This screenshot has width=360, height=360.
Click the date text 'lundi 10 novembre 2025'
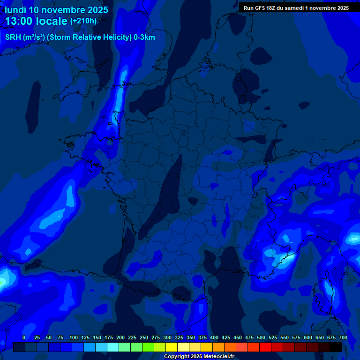(x=56, y=10)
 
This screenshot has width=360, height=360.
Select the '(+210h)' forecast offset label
(x=83, y=21)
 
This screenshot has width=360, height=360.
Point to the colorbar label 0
(x=23, y=338)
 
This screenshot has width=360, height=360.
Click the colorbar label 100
(x=74, y=338)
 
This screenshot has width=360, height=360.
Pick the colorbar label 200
(x=120, y=338)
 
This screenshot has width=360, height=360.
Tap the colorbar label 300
(x=167, y=338)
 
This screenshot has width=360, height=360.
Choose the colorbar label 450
(x=238, y=338)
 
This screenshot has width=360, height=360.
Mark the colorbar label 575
(x=296, y=338)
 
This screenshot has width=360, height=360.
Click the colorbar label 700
(x=343, y=338)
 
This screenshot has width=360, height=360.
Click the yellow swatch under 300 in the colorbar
(x=172, y=347)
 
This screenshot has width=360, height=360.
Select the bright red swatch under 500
(x=265, y=347)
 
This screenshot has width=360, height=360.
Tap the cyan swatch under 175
(x=113, y=347)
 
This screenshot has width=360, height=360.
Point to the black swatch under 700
(x=336, y=347)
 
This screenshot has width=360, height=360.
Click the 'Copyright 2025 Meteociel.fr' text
(x=199, y=357)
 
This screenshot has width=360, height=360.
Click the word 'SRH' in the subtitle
(x=13, y=37)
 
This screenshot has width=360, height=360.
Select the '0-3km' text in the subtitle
(x=144, y=37)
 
